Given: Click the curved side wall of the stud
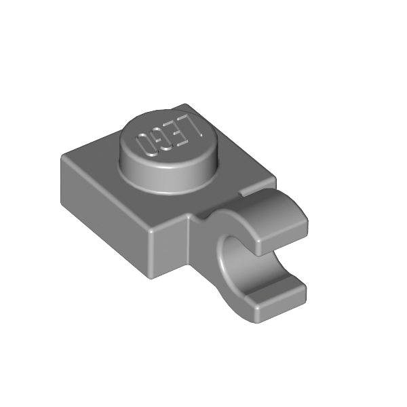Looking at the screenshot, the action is [x=169, y=176].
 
